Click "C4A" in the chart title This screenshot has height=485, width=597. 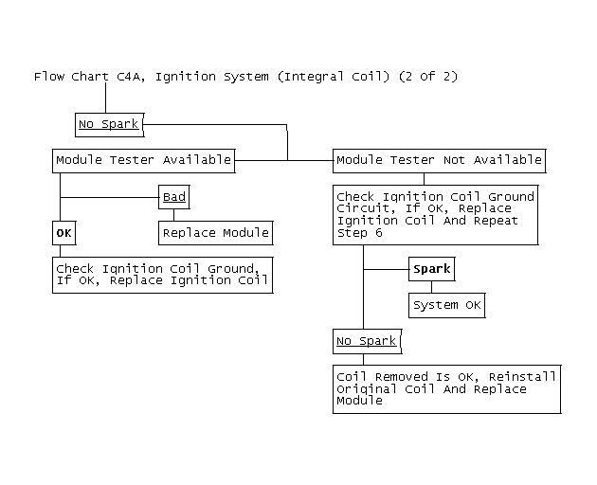click(131, 77)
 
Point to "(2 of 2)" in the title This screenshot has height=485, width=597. click(428, 77)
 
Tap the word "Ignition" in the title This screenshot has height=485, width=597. click(186, 77)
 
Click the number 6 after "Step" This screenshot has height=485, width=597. click(378, 233)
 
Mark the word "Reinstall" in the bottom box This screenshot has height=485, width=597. click(522, 377)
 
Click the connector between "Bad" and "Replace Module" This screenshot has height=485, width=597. click(174, 215)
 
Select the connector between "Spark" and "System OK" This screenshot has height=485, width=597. click(432, 287)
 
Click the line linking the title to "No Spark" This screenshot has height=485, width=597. click(106, 98)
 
